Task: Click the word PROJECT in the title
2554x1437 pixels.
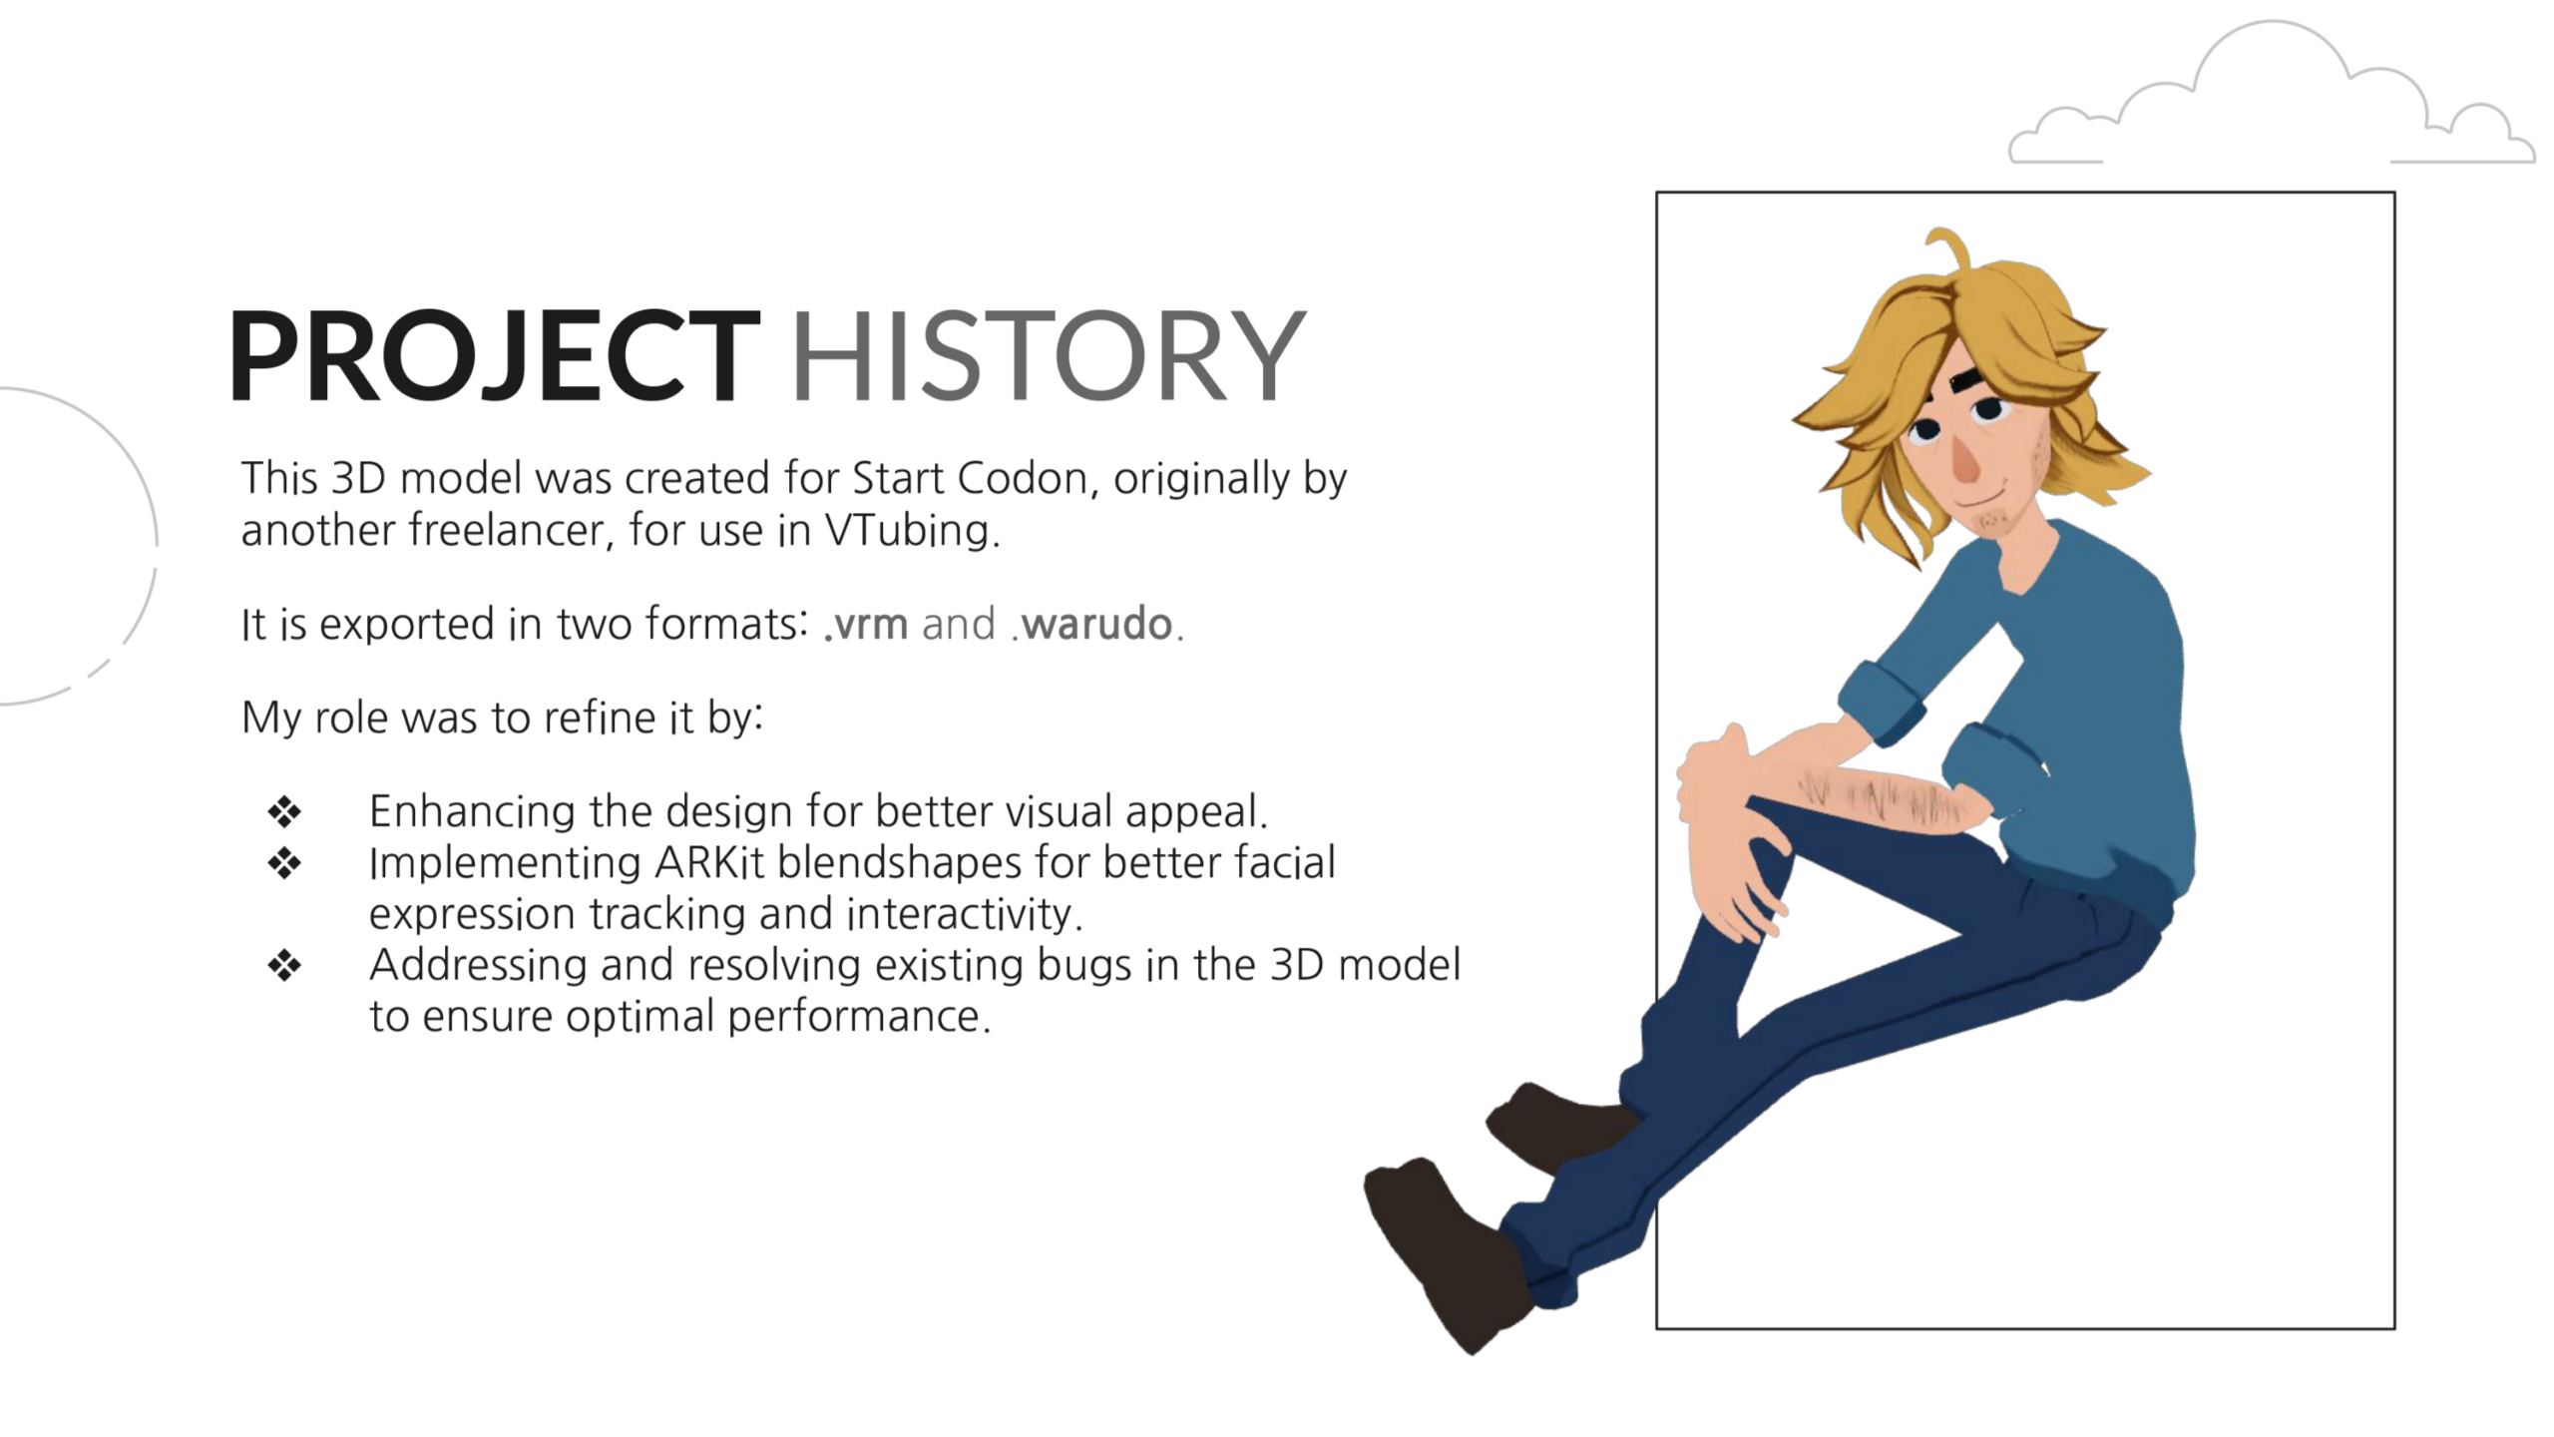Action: [495, 355]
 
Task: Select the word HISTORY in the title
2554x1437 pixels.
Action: [1048, 355]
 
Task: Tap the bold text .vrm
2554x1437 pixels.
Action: [866, 625]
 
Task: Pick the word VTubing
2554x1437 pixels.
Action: [911, 531]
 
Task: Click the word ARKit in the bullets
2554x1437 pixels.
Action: [709, 863]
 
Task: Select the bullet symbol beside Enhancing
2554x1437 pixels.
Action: [284, 811]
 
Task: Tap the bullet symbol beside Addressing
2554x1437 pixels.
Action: [284, 965]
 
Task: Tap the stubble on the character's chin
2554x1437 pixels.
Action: [1991, 521]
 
